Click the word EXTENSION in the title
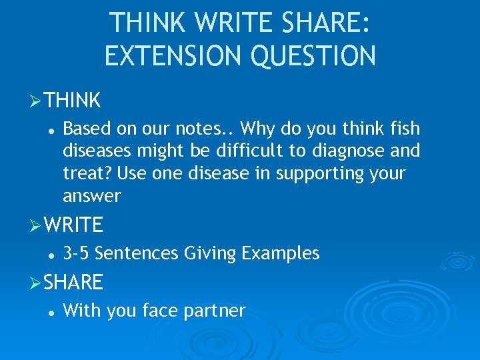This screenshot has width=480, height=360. click(169, 55)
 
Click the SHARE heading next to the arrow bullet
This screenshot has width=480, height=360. click(74, 283)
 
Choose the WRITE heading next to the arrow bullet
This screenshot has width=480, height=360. click(74, 225)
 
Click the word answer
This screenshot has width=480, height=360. click(91, 197)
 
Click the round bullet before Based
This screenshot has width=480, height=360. click(51, 129)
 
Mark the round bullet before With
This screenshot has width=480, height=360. click(51, 311)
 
